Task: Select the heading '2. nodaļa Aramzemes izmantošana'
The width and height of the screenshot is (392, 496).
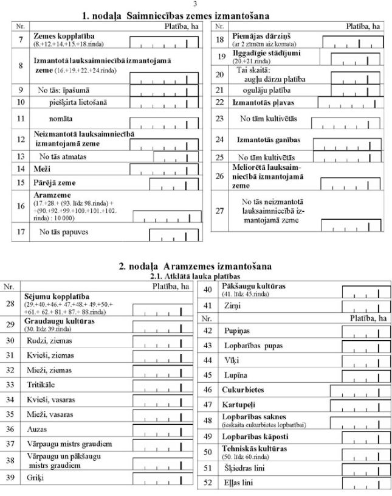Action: coord(195,267)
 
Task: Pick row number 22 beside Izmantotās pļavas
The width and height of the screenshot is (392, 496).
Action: coord(220,103)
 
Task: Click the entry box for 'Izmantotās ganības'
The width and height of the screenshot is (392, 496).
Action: coord(347,144)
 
